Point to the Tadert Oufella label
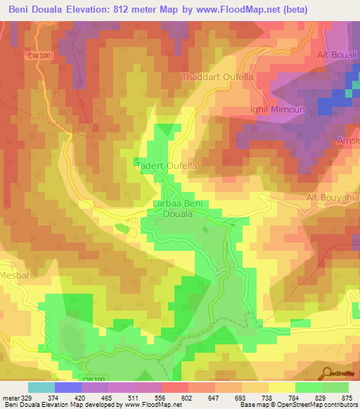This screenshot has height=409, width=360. [x=167, y=166]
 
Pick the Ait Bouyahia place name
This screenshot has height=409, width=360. [x=333, y=198]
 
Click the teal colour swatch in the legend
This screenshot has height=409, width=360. [x=41, y=387]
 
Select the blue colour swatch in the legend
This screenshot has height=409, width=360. [x=67, y=387]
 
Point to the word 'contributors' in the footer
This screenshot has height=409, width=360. [x=339, y=405]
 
